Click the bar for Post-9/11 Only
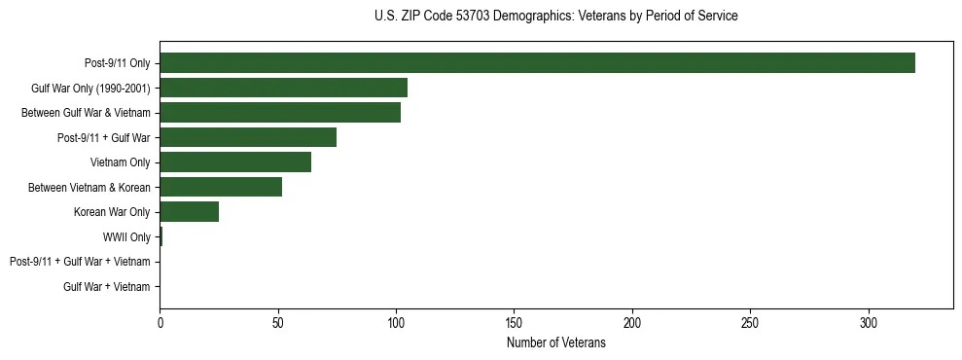click(537, 63)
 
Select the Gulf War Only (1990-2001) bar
click(283, 88)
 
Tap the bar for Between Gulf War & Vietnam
click(280, 113)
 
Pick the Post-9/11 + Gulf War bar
click(248, 137)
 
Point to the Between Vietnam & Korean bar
click(221, 187)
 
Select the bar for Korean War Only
click(189, 212)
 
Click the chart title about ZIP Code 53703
click(555, 17)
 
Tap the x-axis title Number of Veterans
click(555, 343)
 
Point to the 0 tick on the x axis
click(160, 322)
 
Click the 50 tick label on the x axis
click(278, 322)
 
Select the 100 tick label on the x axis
click(396, 322)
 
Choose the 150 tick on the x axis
click(515, 322)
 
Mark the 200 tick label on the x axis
click(632, 322)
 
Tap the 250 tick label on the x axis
click(750, 322)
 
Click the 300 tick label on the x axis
click(869, 322)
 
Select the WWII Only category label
click(126, 237)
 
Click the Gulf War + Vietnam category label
click(107, 287)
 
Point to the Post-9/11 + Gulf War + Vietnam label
click(80, 262)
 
